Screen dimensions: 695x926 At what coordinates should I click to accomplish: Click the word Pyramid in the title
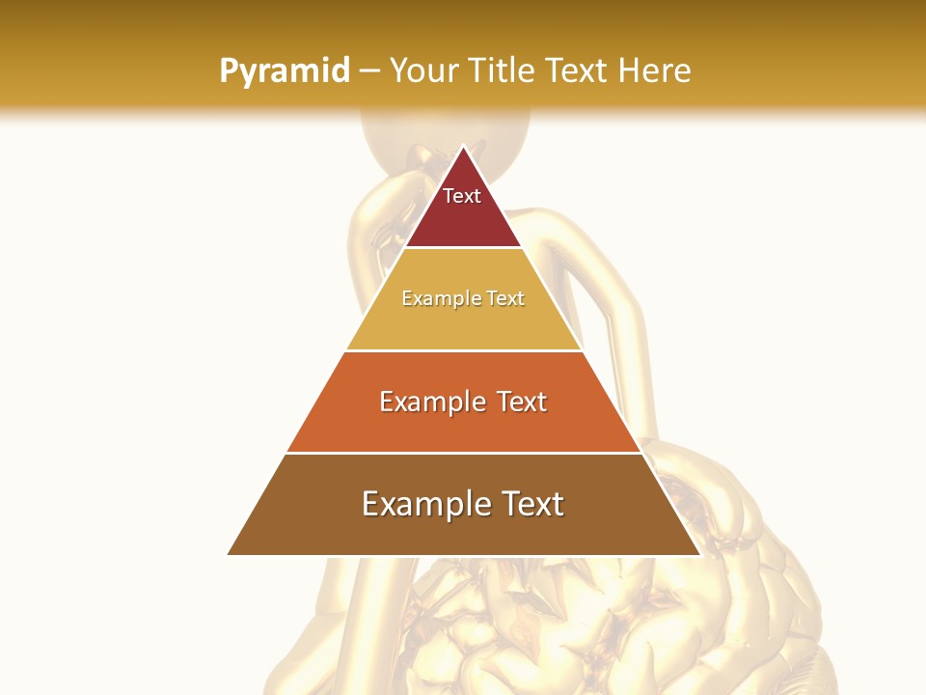click(284, 71)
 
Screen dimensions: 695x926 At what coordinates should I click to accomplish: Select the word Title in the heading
click(504, 70)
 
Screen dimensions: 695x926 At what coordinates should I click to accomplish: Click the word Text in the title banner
click(576, 70)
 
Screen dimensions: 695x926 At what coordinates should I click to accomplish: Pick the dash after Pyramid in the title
click(368, 71)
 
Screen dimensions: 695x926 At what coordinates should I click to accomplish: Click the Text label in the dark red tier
click(462, 196)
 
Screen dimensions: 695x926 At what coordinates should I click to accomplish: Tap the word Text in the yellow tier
click(505, 299)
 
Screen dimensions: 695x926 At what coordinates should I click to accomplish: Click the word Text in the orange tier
click(521, 402)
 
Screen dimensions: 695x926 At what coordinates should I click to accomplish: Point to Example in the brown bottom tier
click(423, 505)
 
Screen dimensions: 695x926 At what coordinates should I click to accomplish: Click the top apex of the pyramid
click(463, 147)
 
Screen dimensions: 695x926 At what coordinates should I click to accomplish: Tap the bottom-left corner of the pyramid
click(229, 554)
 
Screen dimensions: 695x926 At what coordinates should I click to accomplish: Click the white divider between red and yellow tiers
click(463, 248)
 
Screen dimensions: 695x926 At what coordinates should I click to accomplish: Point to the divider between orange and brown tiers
click(463, 453)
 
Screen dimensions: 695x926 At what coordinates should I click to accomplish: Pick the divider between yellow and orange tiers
click(463, 350)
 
